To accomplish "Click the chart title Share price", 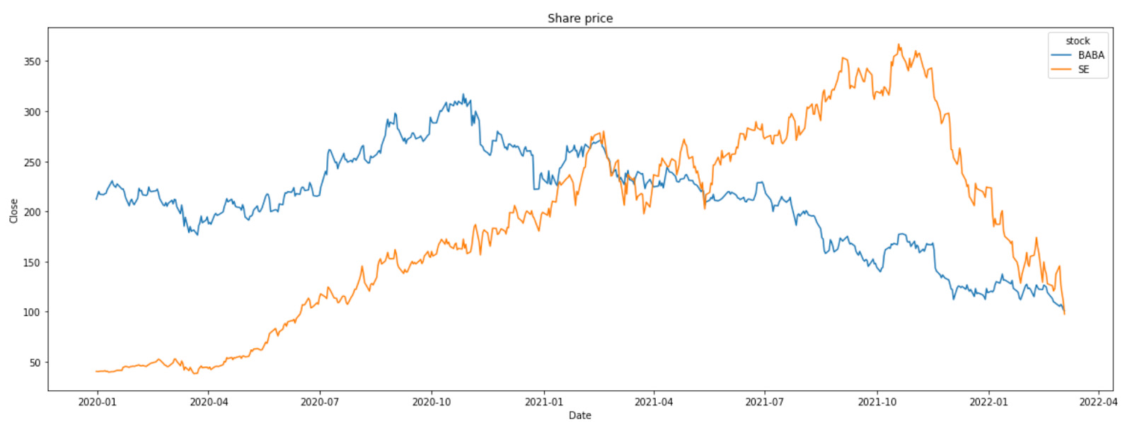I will click(x=580, y=18).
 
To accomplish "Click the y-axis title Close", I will click(x=13, y=211).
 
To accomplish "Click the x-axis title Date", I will click(x=579, y=415).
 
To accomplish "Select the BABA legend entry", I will click(x=1090, y=55).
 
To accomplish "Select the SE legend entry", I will click(x=1083, y=69).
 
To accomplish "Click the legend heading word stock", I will click(x=1078, y=41).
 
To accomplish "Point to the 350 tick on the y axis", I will click(x=33, y=61).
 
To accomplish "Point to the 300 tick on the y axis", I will click(x=33, y=112).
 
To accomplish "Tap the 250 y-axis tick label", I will click(x=33, y=162).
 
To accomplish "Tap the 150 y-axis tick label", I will click(x=33, y=262).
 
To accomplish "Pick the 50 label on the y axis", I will click(x=35, y=363).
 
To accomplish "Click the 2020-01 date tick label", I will click(x=97, y=402).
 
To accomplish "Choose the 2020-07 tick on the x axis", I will click(x=320, y=402).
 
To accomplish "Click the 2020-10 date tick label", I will click(x=432, y=402).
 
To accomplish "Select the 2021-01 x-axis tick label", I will click(x=543, y=402).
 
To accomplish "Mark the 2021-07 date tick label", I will click(x=765, y=402).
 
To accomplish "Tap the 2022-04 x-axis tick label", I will click(x=1098, y=402).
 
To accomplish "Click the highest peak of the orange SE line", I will click(x=899, y=45).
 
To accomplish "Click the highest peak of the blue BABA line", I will click(x=463, y=94).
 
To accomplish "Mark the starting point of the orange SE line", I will click(x=97, y=371).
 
